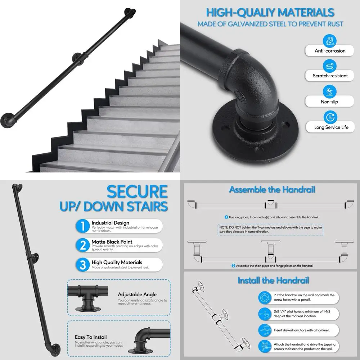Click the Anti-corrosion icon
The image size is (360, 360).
point(330,40)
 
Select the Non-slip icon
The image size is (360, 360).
point(329,91)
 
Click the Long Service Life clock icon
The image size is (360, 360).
point(329,117)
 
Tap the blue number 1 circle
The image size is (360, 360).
point(83,226)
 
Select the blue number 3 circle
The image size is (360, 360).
point(83,265)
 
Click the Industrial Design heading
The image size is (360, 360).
point(110,223)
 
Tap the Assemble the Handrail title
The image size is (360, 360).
point(272,190)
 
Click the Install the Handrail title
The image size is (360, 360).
point(273,280)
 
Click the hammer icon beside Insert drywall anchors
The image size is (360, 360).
point(265,329)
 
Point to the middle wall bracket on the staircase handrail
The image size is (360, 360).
point(78,57)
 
